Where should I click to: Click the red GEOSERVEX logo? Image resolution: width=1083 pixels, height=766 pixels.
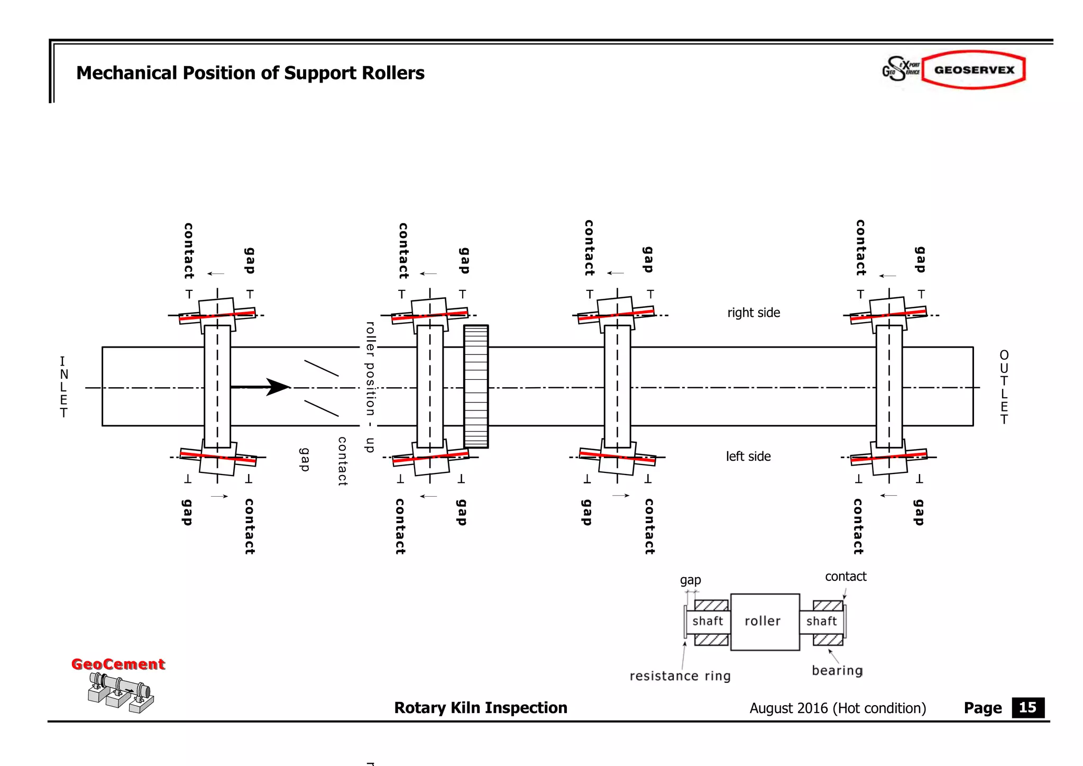coord(974,70)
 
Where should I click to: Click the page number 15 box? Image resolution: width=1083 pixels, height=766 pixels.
coord(1027,707)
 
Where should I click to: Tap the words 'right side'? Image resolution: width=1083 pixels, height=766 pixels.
coord(754,313)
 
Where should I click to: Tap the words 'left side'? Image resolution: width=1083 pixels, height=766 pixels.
coord(748,457)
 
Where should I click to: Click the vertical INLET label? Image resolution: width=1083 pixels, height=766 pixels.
coord(63,387)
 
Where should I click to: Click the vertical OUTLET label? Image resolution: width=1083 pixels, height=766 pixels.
coord(1004,387)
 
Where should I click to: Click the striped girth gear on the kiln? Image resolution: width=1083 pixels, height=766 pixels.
coord(476,387)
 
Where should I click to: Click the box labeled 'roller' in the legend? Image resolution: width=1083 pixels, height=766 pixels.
coord(765,622)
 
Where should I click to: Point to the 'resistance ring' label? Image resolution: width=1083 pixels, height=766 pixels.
coord(680,676)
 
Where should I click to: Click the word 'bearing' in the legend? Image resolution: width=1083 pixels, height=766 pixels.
coord(837,671)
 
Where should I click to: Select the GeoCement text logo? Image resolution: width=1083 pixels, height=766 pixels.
coord(118,664)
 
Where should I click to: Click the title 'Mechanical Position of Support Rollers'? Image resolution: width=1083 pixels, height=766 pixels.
coord(250,73)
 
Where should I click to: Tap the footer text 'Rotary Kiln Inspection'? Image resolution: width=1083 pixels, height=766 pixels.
coord(480,708)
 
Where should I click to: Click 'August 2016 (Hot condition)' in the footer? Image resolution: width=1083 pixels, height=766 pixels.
coord(838,708)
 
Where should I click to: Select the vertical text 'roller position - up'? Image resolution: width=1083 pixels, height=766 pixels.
coord(371,387)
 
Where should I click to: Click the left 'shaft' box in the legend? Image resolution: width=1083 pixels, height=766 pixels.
coord(708,621)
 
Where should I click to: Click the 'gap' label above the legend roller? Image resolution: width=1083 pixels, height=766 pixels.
coord(690,580)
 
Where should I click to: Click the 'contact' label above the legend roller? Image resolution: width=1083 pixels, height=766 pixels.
coord(846,577)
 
